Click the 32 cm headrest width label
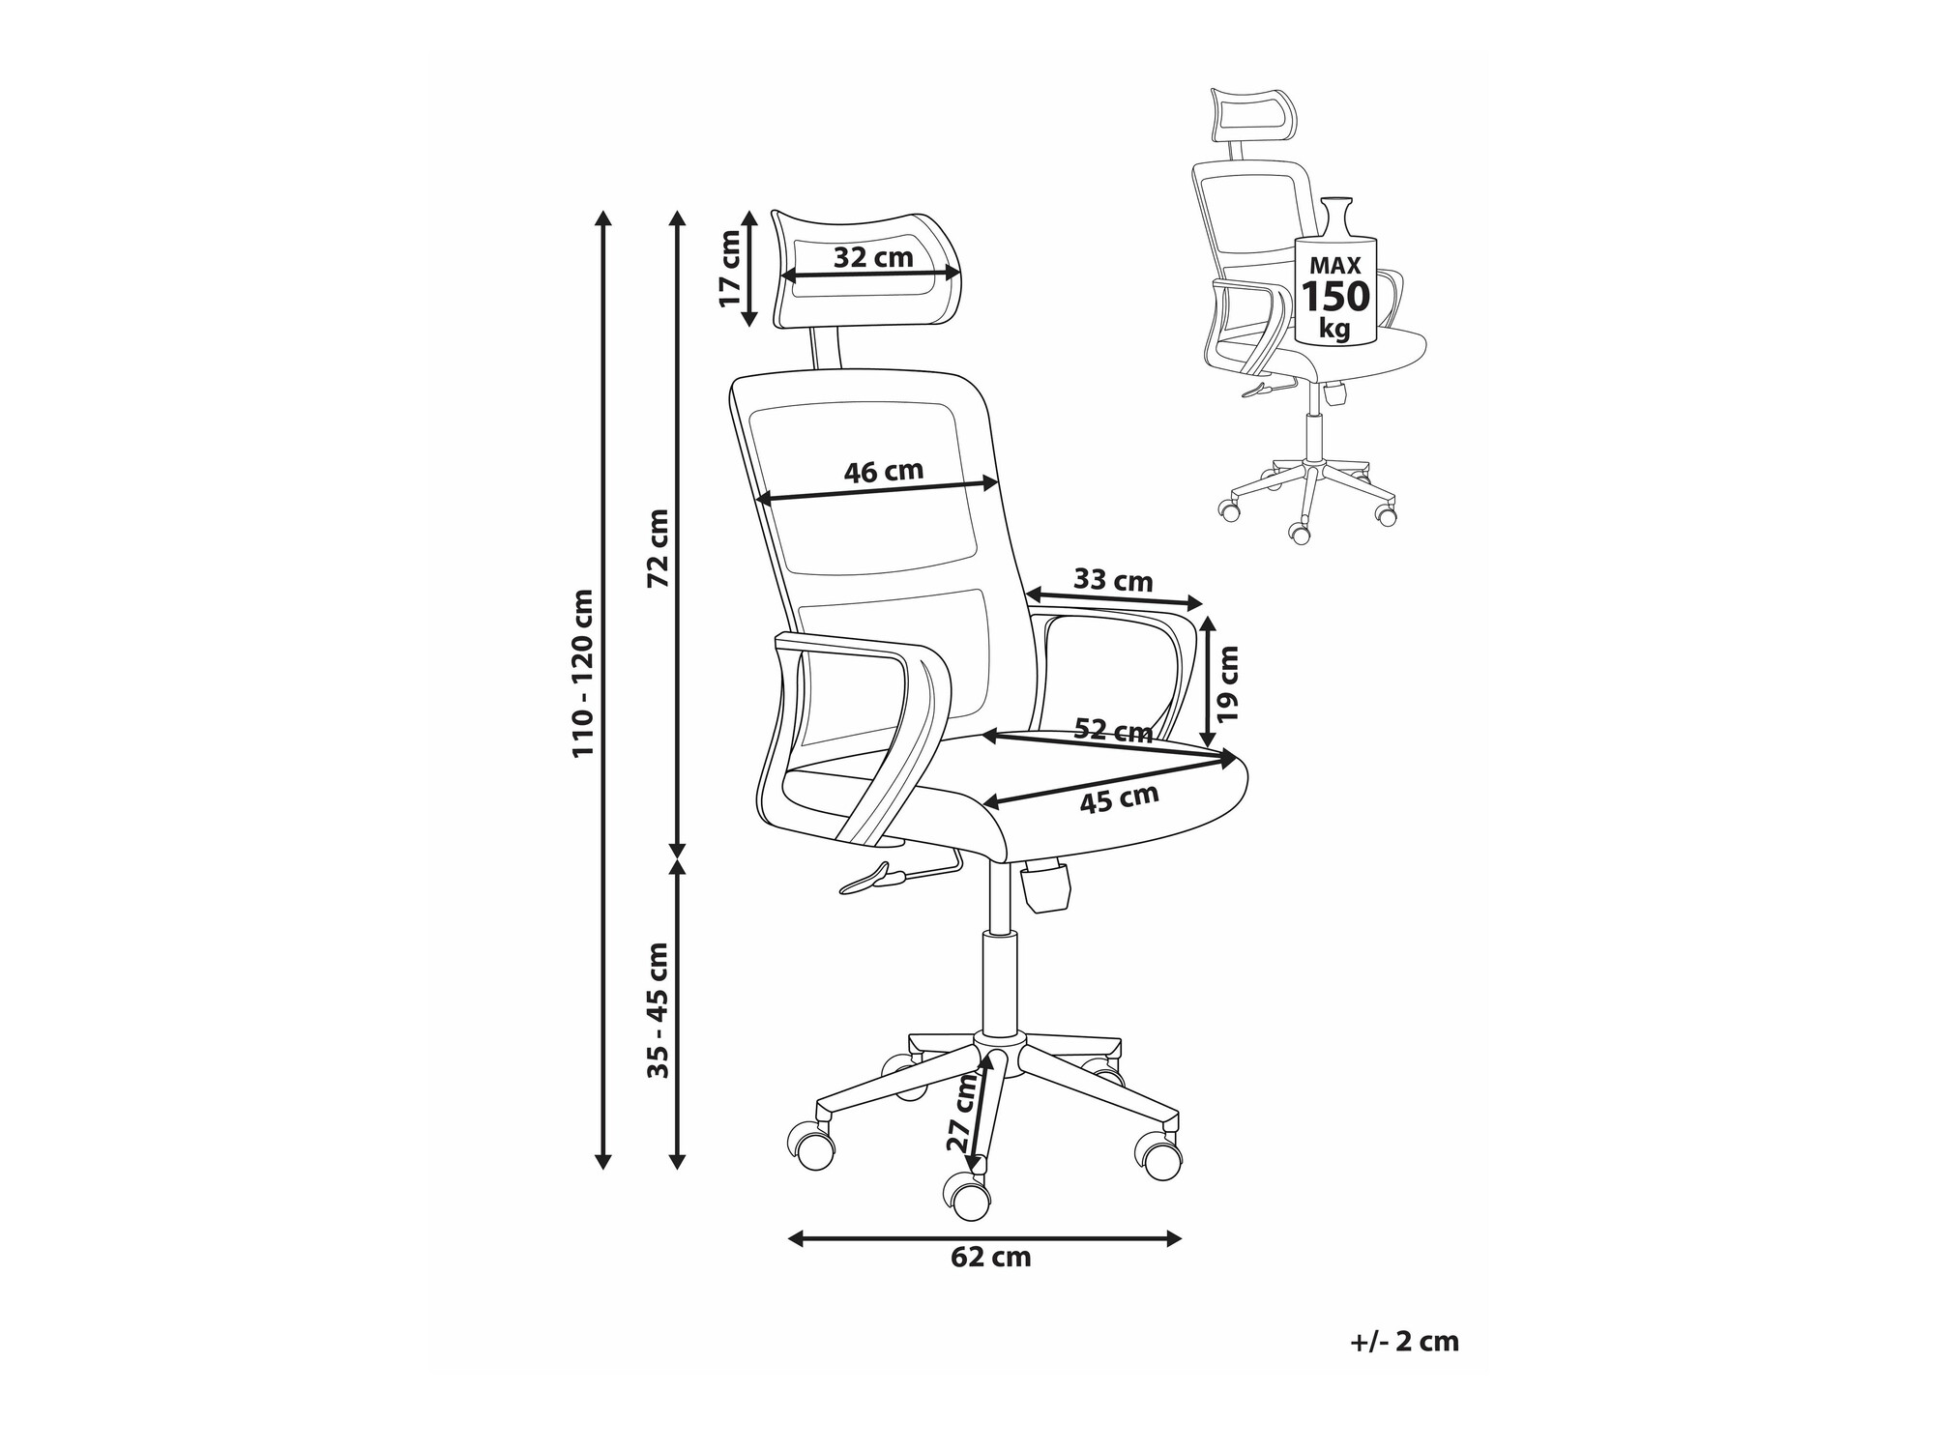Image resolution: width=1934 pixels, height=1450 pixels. [x=873, y=257]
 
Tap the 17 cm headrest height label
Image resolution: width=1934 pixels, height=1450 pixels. [x=731, y=268]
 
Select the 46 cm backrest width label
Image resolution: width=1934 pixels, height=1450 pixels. [x=884, y=471]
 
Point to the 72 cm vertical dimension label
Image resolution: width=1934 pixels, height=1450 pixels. [x=658, y=548]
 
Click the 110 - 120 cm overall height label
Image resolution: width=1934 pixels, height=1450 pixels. [x=583, y=673]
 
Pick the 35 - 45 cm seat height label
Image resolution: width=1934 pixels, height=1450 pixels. [x=658, y=1010]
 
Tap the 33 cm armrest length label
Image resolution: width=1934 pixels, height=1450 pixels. [x=1113, y=580]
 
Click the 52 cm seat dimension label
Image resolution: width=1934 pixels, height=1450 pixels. [x=1114, y=730]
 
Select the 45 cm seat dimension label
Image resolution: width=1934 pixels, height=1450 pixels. [x=1119, y=798]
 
